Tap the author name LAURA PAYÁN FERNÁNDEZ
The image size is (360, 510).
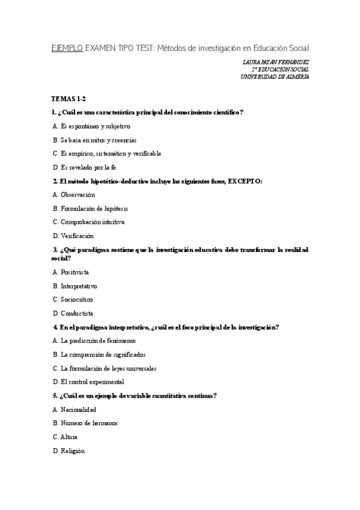[x=276, y=62]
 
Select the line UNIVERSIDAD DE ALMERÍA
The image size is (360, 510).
[x=275, y=76]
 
